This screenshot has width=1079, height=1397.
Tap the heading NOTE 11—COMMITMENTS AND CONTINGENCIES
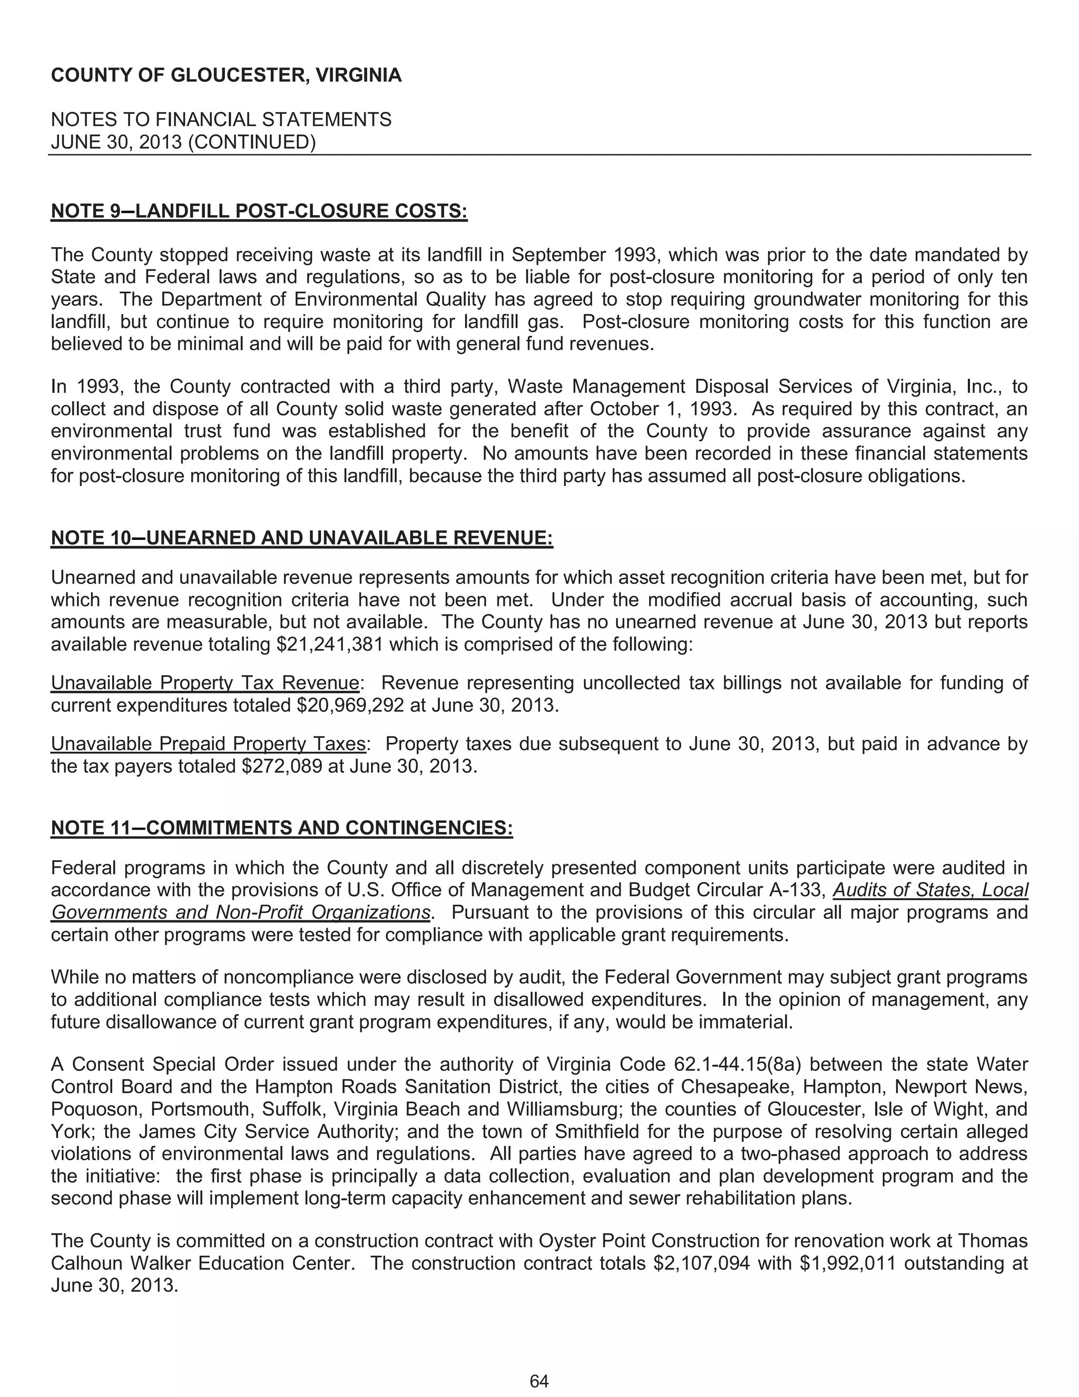click(x=281, y=828)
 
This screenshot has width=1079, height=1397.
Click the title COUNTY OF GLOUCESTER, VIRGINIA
click(x=226, y=75)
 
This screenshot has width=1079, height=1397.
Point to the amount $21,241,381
click(x=329, y=644)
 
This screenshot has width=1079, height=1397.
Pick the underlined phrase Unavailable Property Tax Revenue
click(x=204, y=683)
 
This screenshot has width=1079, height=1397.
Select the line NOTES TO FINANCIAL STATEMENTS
click(x=221, y=120)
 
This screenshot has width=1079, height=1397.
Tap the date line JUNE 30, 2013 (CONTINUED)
click(x=183, y=142)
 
